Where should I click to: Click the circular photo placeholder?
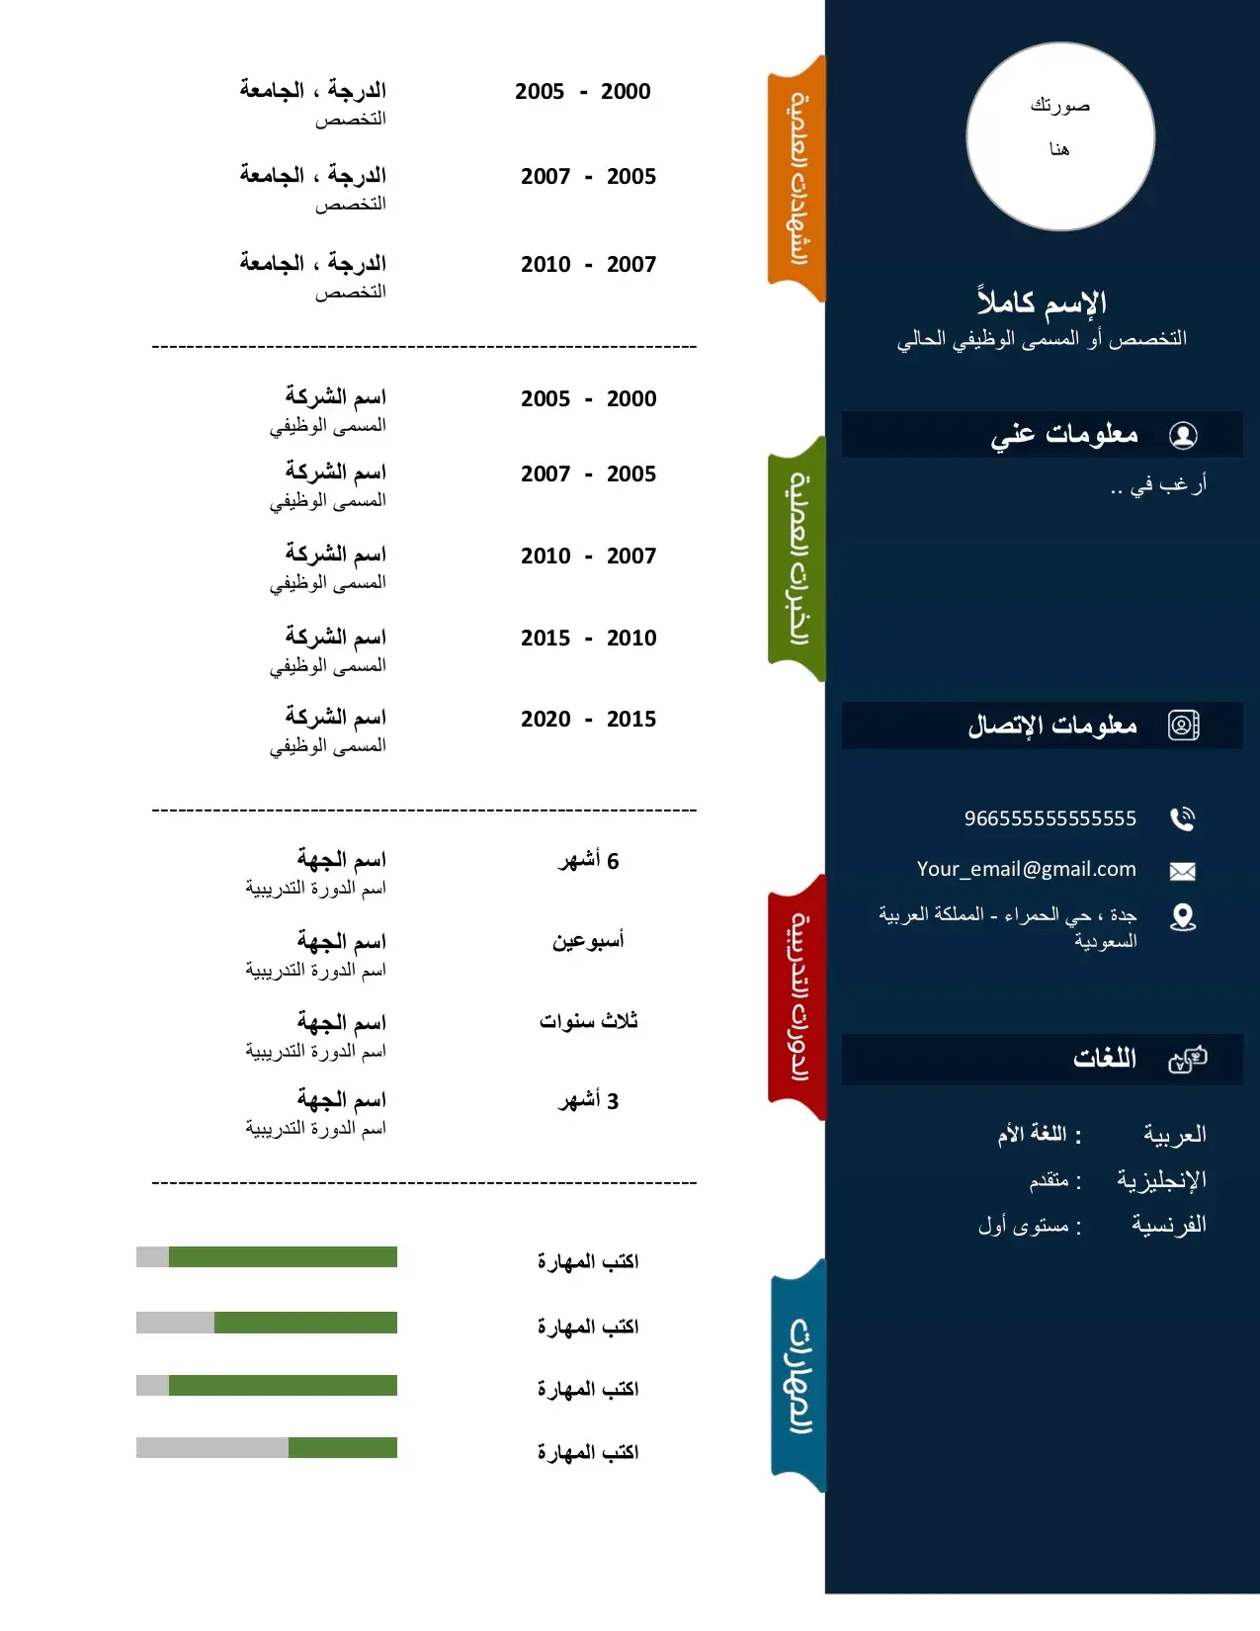click(1060, 136)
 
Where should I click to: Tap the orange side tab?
click(798, 179)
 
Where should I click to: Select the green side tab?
click(798, 559)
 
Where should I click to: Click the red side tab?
click(798, 997)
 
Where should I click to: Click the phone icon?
click(1182, 818)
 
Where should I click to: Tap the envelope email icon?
click(1182, 871)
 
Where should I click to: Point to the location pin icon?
click(1182, 917)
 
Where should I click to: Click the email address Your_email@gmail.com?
click(1026, 869)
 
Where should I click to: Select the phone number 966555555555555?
click(1050, 818)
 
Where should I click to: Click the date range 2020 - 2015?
click(588, 720)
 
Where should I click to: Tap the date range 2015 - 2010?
click(588, 639)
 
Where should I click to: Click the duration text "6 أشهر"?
click(588, 861)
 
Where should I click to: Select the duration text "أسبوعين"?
click(588, 940)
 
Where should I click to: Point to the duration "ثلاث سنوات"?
click(588, 1021)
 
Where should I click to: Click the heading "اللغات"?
click(1104, 1060)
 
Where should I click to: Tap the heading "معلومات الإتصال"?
click(1051, 727)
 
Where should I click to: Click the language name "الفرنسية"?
click(1168, 1226)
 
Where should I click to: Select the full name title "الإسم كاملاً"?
click(1042, 302)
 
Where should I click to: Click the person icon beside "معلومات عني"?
click(1182, 435)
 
